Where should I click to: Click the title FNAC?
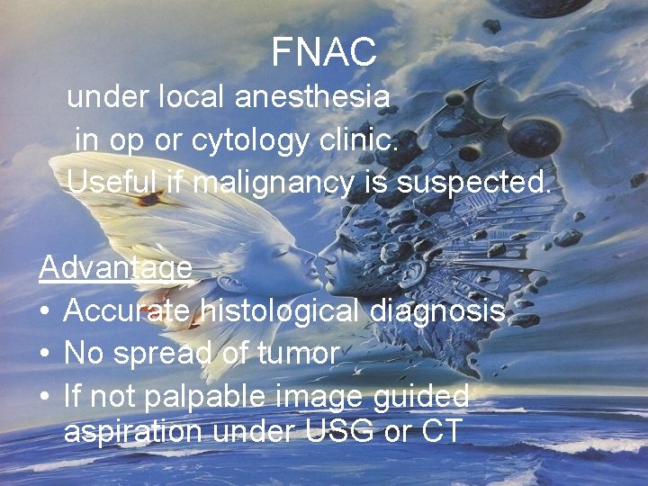point(324,53)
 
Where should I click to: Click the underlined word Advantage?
point(115,268)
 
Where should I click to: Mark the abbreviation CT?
point(442,431)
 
